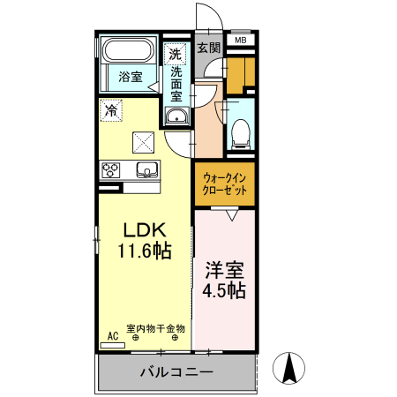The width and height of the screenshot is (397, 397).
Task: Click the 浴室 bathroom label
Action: [x=131, y=77]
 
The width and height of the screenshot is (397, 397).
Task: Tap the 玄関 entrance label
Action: [x=208, y=48]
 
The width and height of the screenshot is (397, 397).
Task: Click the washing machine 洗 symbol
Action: [x=176, y=54]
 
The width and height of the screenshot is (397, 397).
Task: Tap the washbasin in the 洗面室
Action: [x=176, y=116]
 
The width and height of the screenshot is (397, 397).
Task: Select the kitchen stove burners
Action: [x=111, y=170]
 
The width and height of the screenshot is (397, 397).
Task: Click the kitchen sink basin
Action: [x=145, y=169]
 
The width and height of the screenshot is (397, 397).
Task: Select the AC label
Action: [x=112, y=336]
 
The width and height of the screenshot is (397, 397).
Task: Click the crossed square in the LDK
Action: [x=142, y=141]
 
